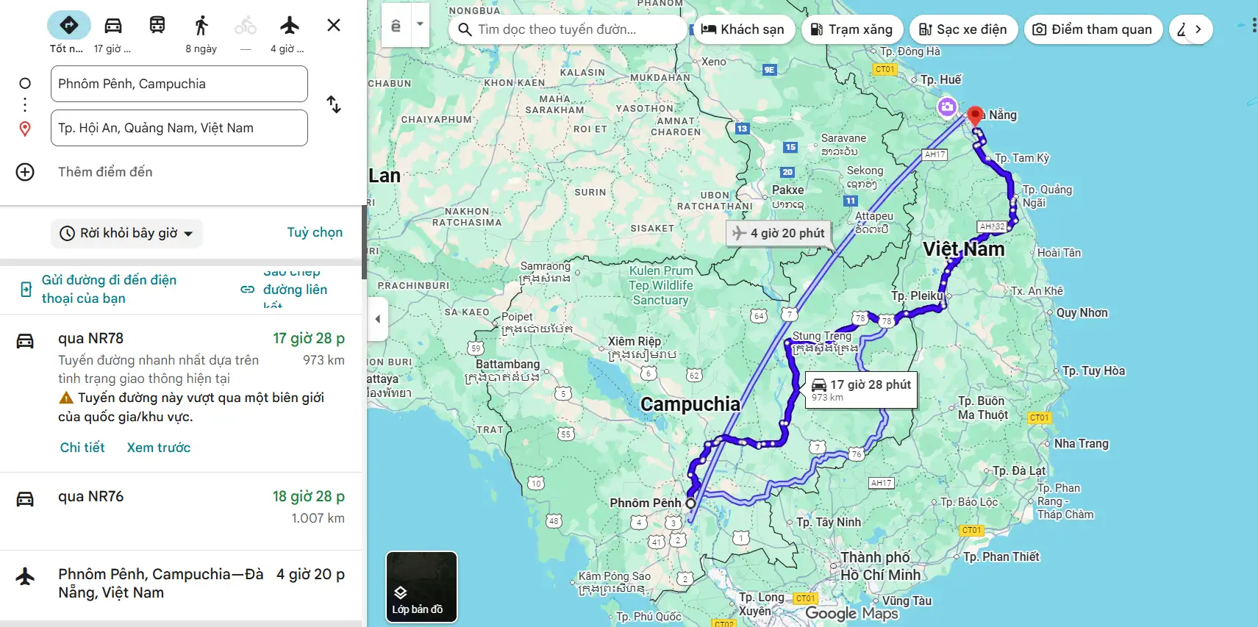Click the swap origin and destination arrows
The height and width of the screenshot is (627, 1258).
(x=334, y=105)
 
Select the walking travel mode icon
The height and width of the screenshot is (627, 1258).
(x=201, y=26)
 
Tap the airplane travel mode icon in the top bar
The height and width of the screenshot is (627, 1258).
(x=290, y=26)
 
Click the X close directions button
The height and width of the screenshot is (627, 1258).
(x=334, y=26)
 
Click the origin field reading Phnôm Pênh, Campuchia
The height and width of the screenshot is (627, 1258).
(x=179, y=84)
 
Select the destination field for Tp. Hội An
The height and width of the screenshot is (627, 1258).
(x=179, y=128)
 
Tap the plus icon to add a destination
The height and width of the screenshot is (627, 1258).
(x=25, y=172)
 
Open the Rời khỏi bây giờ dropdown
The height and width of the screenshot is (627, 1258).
(x=127, y=233)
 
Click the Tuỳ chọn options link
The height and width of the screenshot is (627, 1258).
(x=315, y=232)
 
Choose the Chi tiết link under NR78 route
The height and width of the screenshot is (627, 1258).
(x=82, y=448)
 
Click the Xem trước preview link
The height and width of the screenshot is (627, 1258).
(x=159, y=448)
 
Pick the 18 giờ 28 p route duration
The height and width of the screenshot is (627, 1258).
(x=308, y=497)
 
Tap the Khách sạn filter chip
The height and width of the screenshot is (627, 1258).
(x=743, y=29)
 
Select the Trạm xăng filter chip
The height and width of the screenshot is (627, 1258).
(x=851, y=29)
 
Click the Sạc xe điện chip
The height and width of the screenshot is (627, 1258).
(x=963, y=29)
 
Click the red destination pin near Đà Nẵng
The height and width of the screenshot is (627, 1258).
(x=975, y=115)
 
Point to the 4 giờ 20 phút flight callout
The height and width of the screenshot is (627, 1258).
(x=779, y=233)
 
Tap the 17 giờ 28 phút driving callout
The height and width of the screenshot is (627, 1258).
(x=862, y=389)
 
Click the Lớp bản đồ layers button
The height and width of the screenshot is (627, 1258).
(x=421, y=587)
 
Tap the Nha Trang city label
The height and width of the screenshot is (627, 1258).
(x=1081, y=444)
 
